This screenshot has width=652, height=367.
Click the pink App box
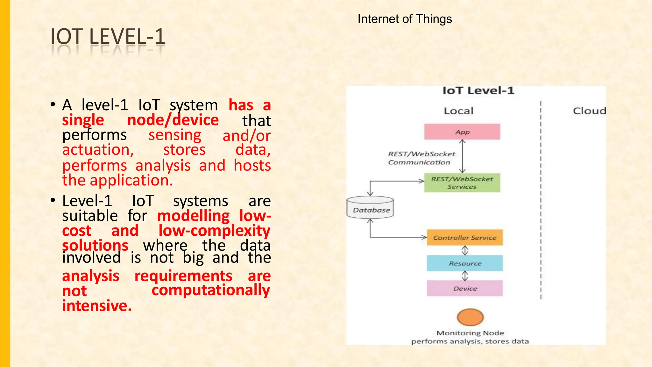462,132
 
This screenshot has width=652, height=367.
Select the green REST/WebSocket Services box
462,183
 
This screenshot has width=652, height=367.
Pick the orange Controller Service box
464,238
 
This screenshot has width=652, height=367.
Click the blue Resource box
465,263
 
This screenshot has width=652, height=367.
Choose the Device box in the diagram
465,289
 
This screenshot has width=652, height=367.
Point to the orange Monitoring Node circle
470,317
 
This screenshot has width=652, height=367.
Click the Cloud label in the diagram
589,111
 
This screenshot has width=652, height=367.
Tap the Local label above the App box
458,111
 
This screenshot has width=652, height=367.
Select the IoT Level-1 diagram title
478,91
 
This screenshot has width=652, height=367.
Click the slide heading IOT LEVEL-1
108,37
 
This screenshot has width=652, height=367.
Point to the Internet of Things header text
405,19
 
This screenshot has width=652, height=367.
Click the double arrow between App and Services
463,156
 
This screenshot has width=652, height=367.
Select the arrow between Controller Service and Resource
465,250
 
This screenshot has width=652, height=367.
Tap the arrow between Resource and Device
465,276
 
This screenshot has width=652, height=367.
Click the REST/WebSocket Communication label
421,158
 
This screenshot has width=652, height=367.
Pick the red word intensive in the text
97,306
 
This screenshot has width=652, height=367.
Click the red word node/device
173,120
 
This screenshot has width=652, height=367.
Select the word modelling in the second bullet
193,216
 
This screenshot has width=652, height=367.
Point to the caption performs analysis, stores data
470,342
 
